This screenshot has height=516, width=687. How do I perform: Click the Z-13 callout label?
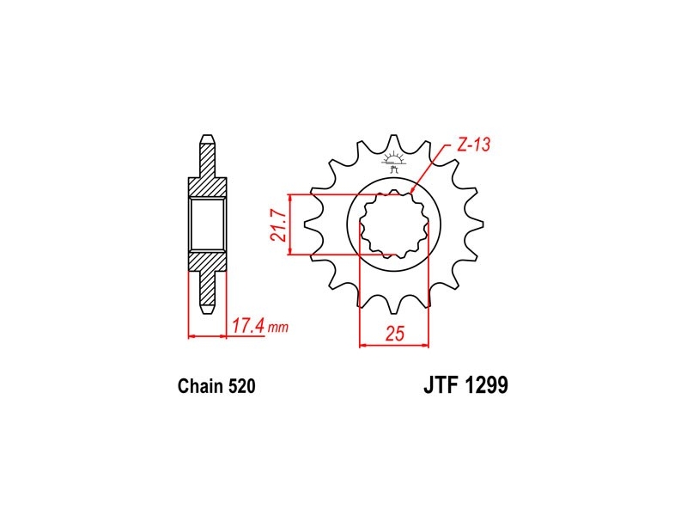tap(473, 144)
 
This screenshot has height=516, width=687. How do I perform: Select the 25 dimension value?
tap(394, 334)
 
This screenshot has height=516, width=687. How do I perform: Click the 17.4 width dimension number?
tap(247, 326)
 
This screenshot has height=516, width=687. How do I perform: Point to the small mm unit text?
tap(278, 328)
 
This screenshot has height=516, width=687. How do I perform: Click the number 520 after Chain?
tap(241, 386)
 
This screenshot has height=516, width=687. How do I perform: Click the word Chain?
tap(201, 386)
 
